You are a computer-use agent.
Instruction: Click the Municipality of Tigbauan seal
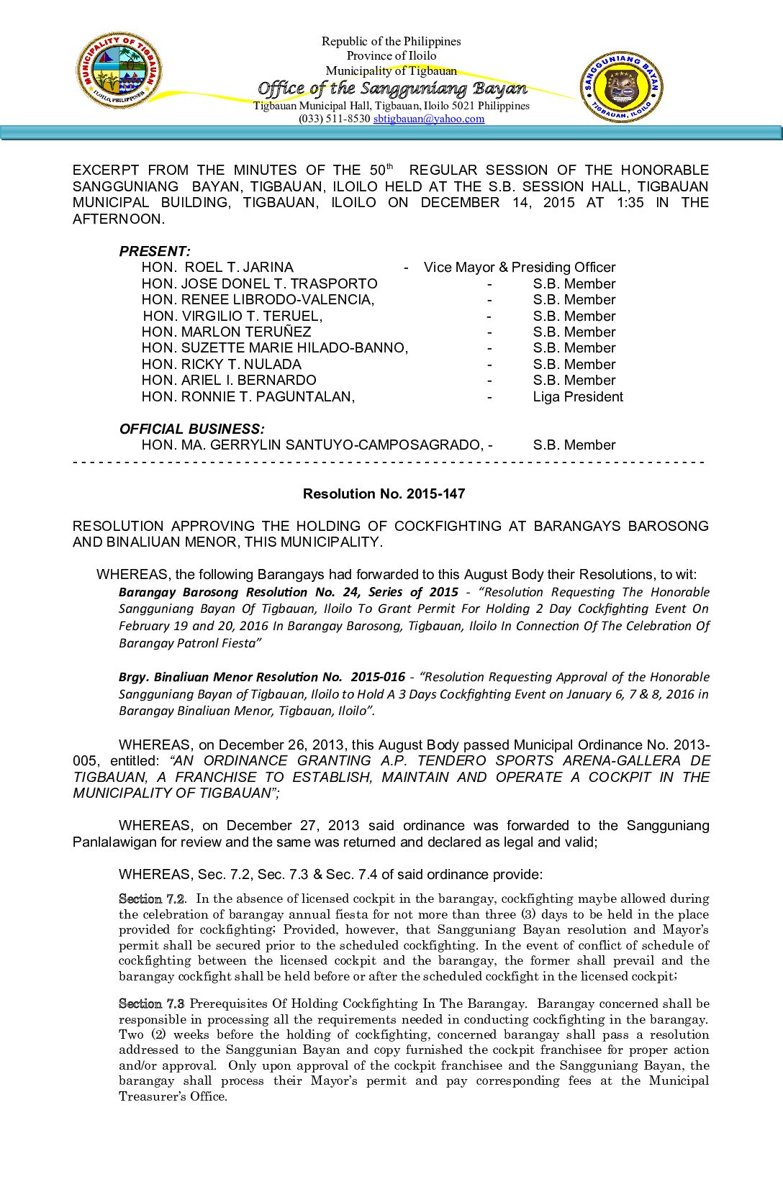pos(119,70)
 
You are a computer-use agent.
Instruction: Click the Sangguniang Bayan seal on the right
pos(622,86)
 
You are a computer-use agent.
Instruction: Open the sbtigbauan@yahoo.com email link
pos(428,119)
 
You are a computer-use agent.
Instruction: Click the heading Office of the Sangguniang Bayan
pos(392,88)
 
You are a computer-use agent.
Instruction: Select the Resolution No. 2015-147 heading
pos(384,494)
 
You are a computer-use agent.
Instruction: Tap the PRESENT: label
pos(155,251)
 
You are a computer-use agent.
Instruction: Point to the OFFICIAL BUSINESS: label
pos(191,429)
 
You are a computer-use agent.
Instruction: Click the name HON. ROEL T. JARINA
pos(217,268)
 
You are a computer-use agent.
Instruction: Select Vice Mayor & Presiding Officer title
pos(520,268)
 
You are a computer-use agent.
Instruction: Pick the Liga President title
pos(578,397)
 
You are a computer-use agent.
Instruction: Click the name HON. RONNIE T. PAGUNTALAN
pos(248,397)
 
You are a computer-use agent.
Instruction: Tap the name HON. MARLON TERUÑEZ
pos(226,332)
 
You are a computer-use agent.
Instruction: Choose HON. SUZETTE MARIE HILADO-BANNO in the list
pos(274,348)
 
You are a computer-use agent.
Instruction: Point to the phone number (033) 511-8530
pos(334,119)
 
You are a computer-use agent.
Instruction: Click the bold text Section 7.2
pos(151,899)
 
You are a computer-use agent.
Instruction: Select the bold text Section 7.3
pos(151,1004)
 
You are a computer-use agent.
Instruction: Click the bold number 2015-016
pos(378,678)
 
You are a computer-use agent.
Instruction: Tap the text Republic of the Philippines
pos(391,42)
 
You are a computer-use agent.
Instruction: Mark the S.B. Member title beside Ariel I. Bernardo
pos(574,381)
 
